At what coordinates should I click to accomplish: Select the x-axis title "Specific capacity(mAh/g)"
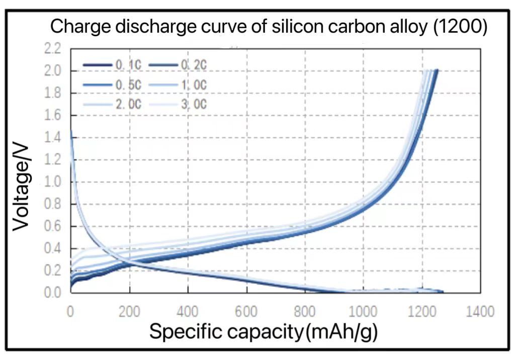(x=263, y=332)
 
